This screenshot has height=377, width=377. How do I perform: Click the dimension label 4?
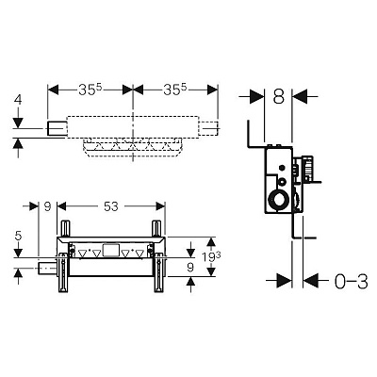click(x=19, y=100)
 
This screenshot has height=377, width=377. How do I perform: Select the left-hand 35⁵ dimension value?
click(x=90, y=90)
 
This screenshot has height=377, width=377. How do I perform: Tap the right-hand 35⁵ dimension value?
click(x=175, y=90)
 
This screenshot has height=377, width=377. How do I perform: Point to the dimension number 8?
click(x=278, y=96)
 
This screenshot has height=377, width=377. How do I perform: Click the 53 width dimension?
click(x=111, y=206)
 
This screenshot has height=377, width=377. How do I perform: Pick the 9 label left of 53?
click(x=47, y=206)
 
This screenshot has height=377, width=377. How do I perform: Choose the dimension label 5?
click(x=19, y=236)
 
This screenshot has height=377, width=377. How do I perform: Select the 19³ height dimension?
click(x=211, y=257)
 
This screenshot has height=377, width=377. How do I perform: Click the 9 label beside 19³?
click(x=190, y=268)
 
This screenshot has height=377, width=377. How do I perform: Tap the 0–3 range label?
click(x=351, y=282)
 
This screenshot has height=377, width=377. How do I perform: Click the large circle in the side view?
click(x=279, y=200)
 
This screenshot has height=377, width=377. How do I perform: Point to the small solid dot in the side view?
click(x=283, y=169)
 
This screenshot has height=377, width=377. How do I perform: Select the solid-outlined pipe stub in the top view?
click(x=57, y=128)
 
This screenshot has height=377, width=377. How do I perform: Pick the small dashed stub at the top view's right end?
click(x=208, y=128)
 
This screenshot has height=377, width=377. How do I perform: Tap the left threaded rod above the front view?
click(x=66, y=229)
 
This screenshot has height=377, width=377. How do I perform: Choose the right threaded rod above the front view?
click(x=156, y=229)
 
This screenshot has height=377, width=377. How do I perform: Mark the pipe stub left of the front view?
click(x=47, y=268)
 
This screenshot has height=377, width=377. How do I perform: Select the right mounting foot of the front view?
click(x=158, y=272)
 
